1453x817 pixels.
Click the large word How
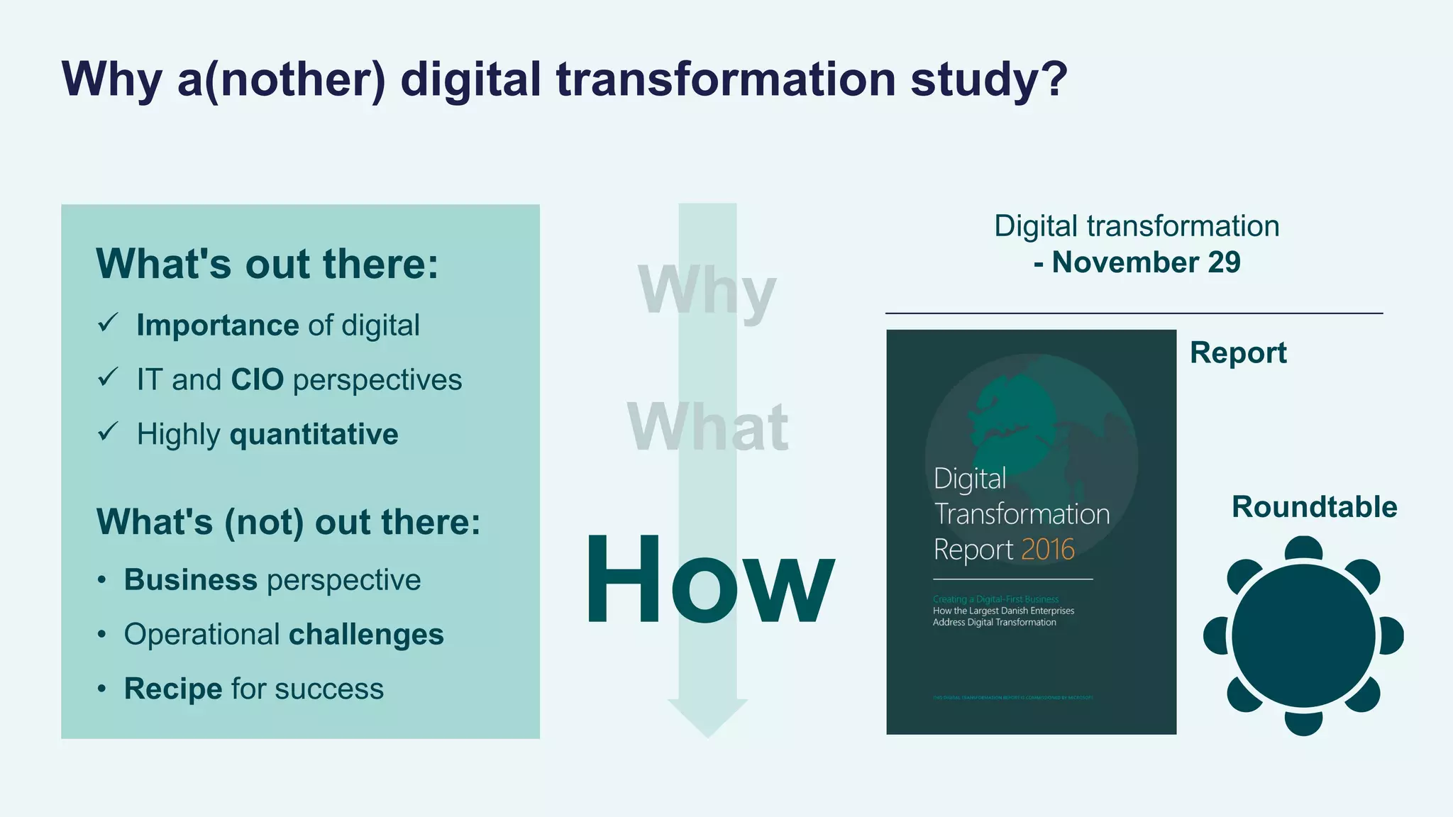click(x=709, y=579)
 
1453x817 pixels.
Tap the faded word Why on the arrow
click(x=707, y=291)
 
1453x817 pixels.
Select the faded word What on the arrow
click(x=707, y=427)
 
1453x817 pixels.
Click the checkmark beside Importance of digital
click(x=108, y=323)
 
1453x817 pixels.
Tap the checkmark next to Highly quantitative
click(x=108, y=432)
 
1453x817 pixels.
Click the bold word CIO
click(x=257, y=380)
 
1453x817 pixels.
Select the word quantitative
click(x=314, y=434)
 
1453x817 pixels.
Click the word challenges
click(x=365, y=635)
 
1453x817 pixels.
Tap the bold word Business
click(x=190, y=580)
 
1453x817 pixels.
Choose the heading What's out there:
click(x=267, y=264)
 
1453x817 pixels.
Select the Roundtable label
click(x=1314, y=507)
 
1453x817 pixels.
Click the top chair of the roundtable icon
click(x=1303, y=548)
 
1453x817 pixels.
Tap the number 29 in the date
click(x=1224, y=262)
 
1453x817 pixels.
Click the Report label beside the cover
click(x=1238, y=352)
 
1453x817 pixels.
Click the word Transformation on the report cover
click(x=1022, y=514)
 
